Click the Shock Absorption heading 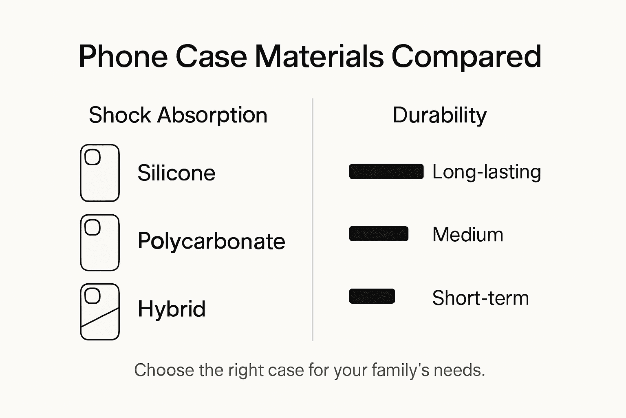[178, 115]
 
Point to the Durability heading [439, 115]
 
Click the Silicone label [176, 173]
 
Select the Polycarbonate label [211, 241]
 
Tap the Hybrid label [172, 309]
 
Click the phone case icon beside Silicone [100, 173]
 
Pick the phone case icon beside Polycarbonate [100, 242]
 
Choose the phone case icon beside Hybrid [100, 311]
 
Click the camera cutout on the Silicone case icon [93, 157]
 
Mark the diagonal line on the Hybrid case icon [100, 317]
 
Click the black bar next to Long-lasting [386, 171]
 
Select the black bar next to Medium [379, 234]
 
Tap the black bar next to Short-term [372, 296]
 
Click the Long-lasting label [487, 172]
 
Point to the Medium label [467, 235]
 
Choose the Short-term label [480, 298]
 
